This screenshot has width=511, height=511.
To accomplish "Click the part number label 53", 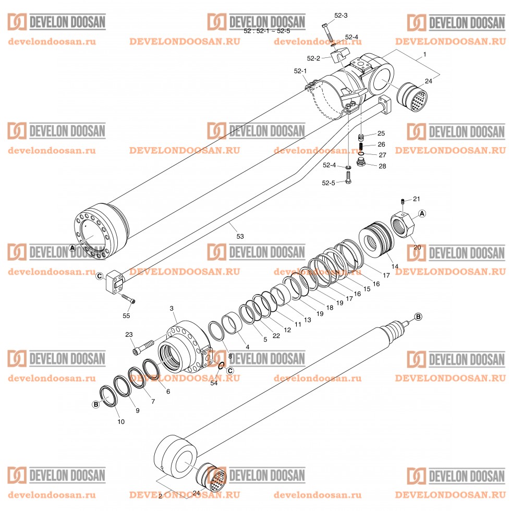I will point(240,236).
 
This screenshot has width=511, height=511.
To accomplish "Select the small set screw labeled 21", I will point(403,201).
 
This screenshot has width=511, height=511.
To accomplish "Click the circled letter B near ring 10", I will point(96,404).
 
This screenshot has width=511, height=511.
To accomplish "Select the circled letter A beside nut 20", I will point(422,213).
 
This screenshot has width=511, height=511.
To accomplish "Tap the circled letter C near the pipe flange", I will point(99,277).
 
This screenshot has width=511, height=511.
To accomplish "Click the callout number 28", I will point(382,166).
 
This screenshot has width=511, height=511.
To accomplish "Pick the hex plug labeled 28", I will point(361,164).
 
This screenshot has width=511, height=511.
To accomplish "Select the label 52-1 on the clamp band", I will point(300,71).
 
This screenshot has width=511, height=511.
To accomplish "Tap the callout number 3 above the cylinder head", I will point(171,309).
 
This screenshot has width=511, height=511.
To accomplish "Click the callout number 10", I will point(121,421).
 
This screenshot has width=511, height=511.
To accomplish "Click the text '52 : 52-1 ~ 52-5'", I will point(267,31).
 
